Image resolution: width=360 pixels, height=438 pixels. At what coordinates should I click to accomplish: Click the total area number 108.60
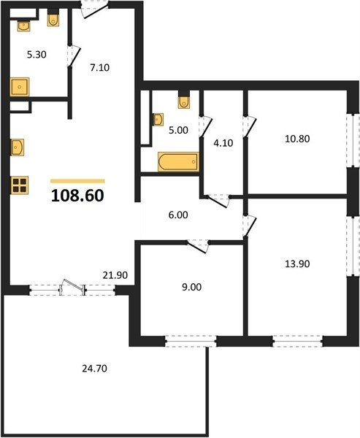[77, 196]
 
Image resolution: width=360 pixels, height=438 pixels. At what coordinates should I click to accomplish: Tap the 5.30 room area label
[37, 55]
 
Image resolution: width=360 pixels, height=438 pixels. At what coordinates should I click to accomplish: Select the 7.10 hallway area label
[100, 68]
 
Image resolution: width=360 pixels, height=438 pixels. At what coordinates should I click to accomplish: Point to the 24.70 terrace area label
[94, 369]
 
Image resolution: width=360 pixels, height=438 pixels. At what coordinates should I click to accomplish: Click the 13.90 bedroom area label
[297, 264]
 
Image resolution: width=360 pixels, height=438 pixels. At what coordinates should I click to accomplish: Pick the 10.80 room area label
[297, 139]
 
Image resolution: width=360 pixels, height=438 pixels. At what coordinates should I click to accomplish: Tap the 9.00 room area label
[192, 287]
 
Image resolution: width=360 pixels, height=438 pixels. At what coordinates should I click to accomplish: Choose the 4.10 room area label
[223, 143]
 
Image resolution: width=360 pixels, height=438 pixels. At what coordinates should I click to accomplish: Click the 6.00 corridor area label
[178, 215]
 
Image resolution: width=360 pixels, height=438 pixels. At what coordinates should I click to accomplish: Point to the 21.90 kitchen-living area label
[115, 275]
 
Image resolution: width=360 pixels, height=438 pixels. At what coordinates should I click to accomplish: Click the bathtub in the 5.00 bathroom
[178, 161]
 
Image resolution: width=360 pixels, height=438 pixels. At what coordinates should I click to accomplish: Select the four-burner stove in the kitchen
[20, 185]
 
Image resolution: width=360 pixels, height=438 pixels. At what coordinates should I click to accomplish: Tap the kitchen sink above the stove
[18, 147]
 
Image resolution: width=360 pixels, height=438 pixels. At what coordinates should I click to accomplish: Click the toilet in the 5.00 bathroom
[183, 102]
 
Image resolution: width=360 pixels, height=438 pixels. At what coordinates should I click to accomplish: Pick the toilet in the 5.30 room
[53, 20]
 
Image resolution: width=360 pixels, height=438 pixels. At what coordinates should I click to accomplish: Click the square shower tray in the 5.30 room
[20, 87]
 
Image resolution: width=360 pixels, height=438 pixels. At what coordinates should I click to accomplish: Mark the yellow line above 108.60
[77, 181]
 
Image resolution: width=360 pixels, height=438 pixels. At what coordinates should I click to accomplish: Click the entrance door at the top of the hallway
[94, 9]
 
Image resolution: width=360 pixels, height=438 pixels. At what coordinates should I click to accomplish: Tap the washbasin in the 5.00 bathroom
[158, 120]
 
